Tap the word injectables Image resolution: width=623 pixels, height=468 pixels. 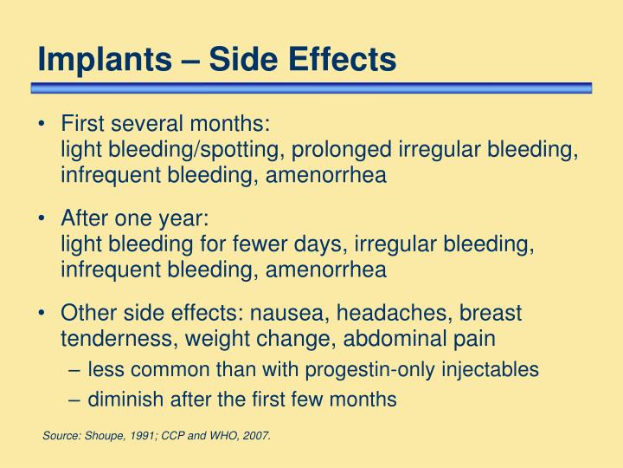(x=491, y=370)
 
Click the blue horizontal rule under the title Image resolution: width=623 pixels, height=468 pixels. (x=311, y=88)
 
